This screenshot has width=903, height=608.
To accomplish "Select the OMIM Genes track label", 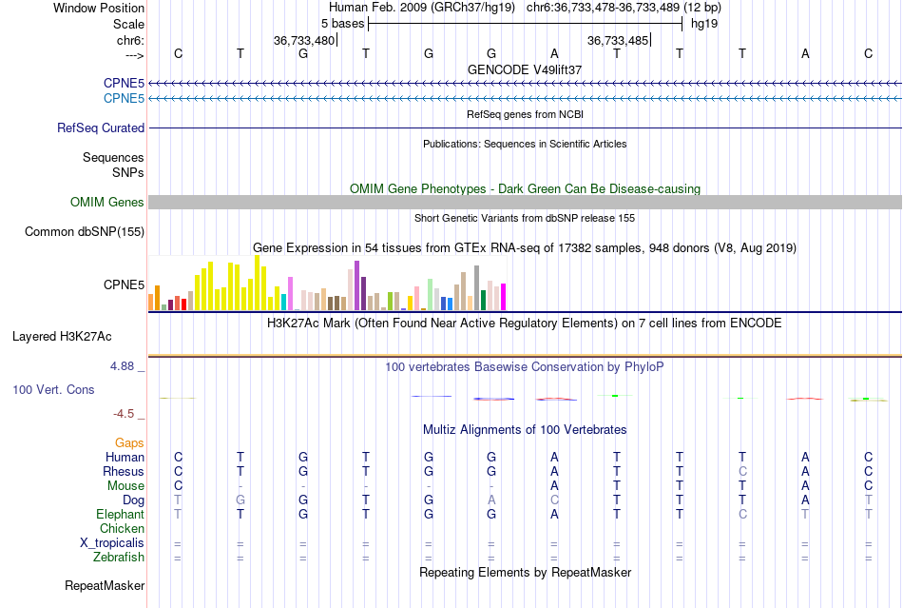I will click(106, 202).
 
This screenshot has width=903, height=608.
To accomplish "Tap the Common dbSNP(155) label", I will click(85, 231).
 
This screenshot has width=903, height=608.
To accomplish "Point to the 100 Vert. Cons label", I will click(53, 389).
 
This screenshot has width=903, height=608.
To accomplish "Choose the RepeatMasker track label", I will click(105, 585).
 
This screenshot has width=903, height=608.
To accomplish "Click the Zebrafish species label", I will click(120, 558).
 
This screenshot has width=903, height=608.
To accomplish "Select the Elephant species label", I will click(120, 514).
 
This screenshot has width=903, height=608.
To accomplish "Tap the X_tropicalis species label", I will click(112, 542).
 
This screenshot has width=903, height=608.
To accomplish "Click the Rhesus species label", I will click(124, 471).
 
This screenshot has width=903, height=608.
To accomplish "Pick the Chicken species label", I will click(122, 528).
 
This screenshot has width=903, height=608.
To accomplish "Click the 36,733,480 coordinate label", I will click(304, 41).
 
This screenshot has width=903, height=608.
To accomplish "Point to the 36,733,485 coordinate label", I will click(618, 41).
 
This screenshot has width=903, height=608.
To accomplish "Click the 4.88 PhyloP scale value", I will click(127, 365).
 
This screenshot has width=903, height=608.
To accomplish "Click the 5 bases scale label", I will click(342, 23).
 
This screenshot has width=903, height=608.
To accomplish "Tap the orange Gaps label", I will click(129, 442).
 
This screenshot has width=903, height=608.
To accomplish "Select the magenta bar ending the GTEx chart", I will click(503, 297).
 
